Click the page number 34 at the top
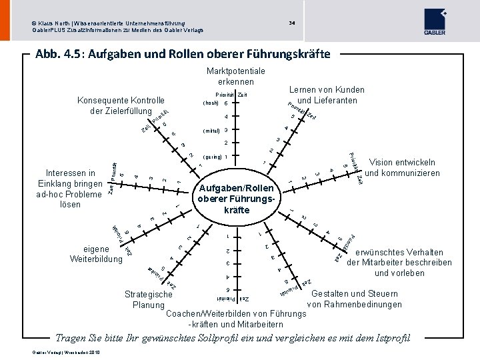point(292,23)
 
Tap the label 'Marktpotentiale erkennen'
point(236,76)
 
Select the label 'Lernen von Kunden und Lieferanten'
point(327,95)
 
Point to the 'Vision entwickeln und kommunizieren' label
point(403,167)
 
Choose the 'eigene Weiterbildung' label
point(96,253)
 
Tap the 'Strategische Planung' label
point(149,299)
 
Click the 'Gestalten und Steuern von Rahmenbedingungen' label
point(355,299)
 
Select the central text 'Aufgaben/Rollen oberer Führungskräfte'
point(237,199)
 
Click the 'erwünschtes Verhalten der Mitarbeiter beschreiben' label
point(399,263)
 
